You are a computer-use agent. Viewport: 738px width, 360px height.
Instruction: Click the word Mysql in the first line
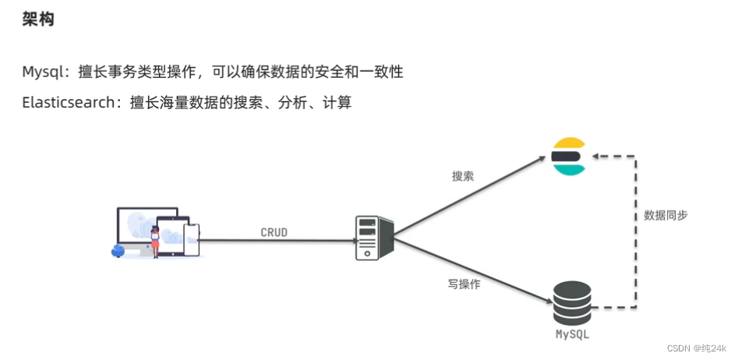click(x=41, y=72)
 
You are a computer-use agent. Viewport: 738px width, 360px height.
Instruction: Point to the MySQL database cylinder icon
click(x=571, y=303)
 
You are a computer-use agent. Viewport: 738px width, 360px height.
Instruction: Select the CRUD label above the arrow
click(x=274, y=232)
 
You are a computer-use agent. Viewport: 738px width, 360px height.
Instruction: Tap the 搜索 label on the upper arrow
click(x=463, y=176)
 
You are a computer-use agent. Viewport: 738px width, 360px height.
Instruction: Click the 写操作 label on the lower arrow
click(x=464, y=284)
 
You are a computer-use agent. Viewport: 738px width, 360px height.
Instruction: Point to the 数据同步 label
click(x=666, y=216)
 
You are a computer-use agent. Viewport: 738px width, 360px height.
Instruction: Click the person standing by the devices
click(x=155, y=241)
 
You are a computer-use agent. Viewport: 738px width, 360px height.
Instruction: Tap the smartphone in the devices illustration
click(x=191, y=238)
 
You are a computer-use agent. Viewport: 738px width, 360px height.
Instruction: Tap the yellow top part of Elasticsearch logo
click(x=567, y=143)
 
